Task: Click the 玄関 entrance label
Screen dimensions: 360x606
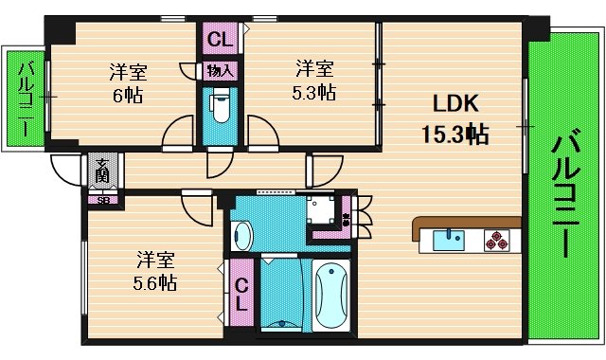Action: [x=101, y=171]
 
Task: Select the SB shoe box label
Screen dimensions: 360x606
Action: [x=101, y=200]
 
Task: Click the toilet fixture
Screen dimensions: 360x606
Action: [x=220, y=107]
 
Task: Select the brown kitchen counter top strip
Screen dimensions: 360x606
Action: [x=466, y=223]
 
